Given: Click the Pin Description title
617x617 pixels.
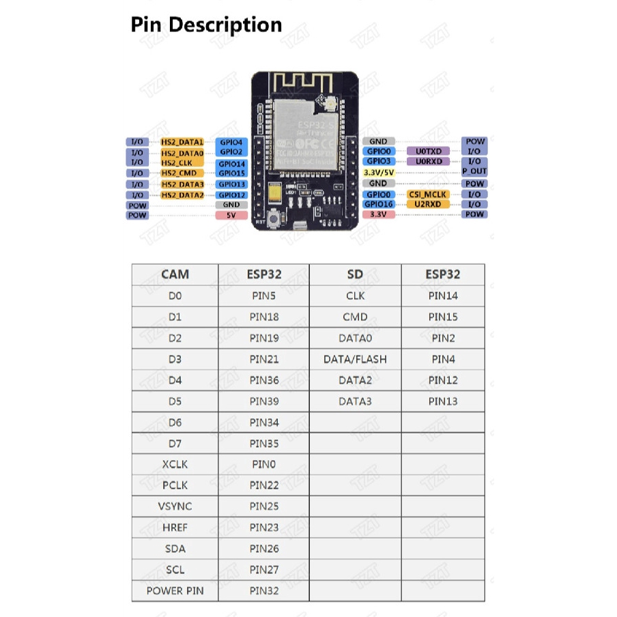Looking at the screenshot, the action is [x=206, y=25].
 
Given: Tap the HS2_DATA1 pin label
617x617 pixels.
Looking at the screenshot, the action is [x=182, y=142].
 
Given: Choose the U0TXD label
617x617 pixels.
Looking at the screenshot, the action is [x=428, y=151].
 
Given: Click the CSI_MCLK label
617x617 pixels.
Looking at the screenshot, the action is [x=428, y=195].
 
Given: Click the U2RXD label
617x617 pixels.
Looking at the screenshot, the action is [x=428, y=204].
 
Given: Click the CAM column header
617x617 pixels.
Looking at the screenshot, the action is [x=175, y=274].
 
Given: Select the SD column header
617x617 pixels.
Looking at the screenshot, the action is [x=355, y=274].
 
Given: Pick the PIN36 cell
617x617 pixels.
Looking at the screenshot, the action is [x=264, y=380].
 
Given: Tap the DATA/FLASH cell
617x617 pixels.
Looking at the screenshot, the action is [x=355, y=359].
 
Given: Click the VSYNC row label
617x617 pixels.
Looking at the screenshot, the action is [x=175, y=506].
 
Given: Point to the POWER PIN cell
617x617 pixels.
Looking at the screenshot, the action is [x=175, y=590].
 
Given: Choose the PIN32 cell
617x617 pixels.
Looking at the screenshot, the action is [x=264, y=590].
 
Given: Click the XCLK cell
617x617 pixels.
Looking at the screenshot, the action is [x=175, y=464].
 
